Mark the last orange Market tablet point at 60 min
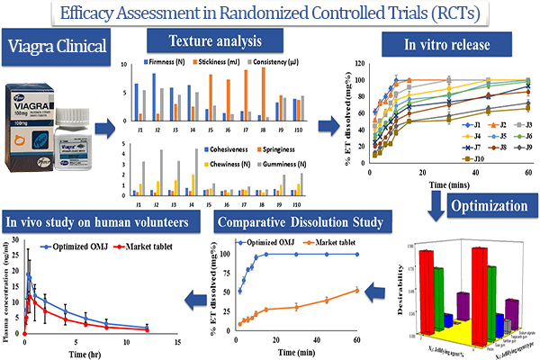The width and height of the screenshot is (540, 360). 357,290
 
